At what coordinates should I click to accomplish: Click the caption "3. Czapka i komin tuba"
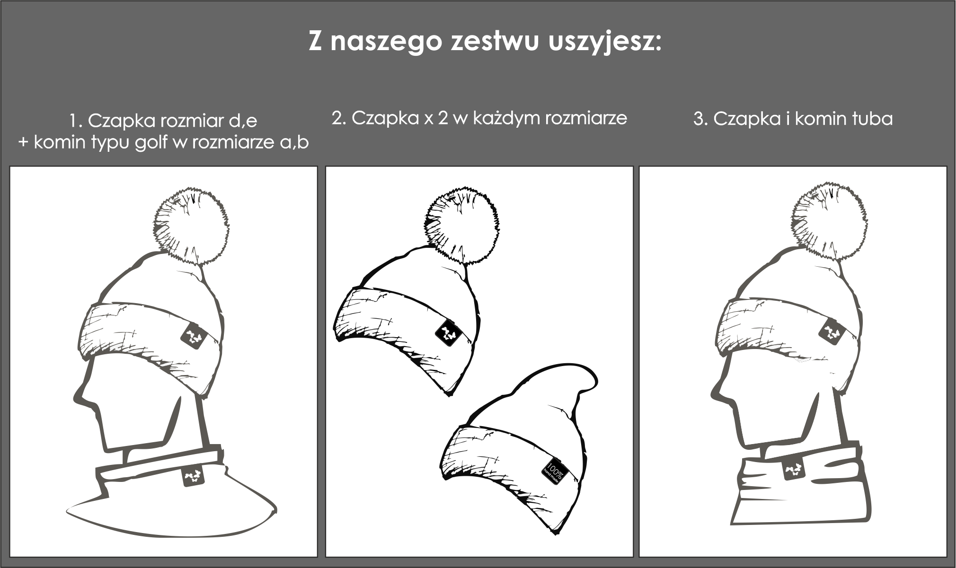(793, 118)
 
